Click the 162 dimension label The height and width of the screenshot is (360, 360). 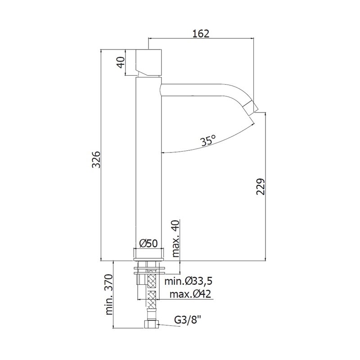click(x=201, y=33)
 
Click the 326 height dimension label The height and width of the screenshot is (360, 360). click(x=96, y=160)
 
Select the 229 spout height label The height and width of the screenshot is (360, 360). click(x=261, y=186)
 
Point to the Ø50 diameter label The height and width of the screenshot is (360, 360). click(x=148, y=243)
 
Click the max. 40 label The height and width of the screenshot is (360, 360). click(x=175, y=238)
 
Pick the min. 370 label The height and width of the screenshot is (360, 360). click(x=109, y=294)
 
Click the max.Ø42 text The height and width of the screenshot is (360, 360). click(x=190, y=294)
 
